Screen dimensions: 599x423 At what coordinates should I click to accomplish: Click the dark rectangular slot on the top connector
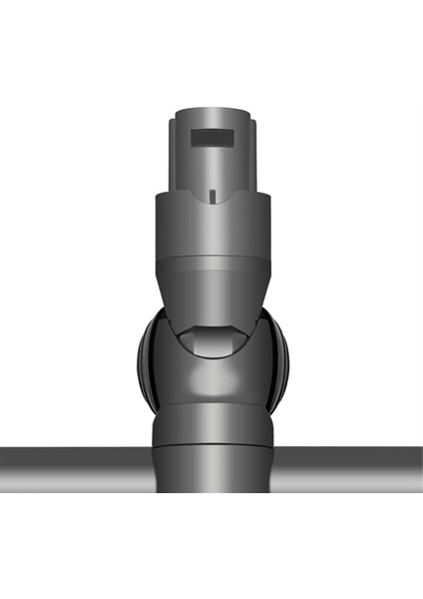coord(211,136)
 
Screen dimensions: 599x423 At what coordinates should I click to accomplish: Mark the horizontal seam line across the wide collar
coord(211,259)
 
